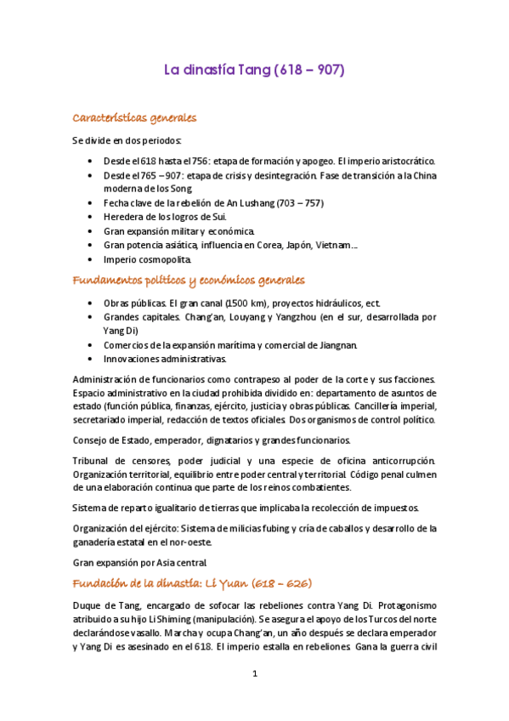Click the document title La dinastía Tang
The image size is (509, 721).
[x=254, y=71]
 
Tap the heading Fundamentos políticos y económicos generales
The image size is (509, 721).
[x=189, y=280]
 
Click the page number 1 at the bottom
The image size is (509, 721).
[x=254, y=674]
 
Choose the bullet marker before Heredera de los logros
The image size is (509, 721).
[x=92, y=218]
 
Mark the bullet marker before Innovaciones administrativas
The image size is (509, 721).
[x=92, y=359]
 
